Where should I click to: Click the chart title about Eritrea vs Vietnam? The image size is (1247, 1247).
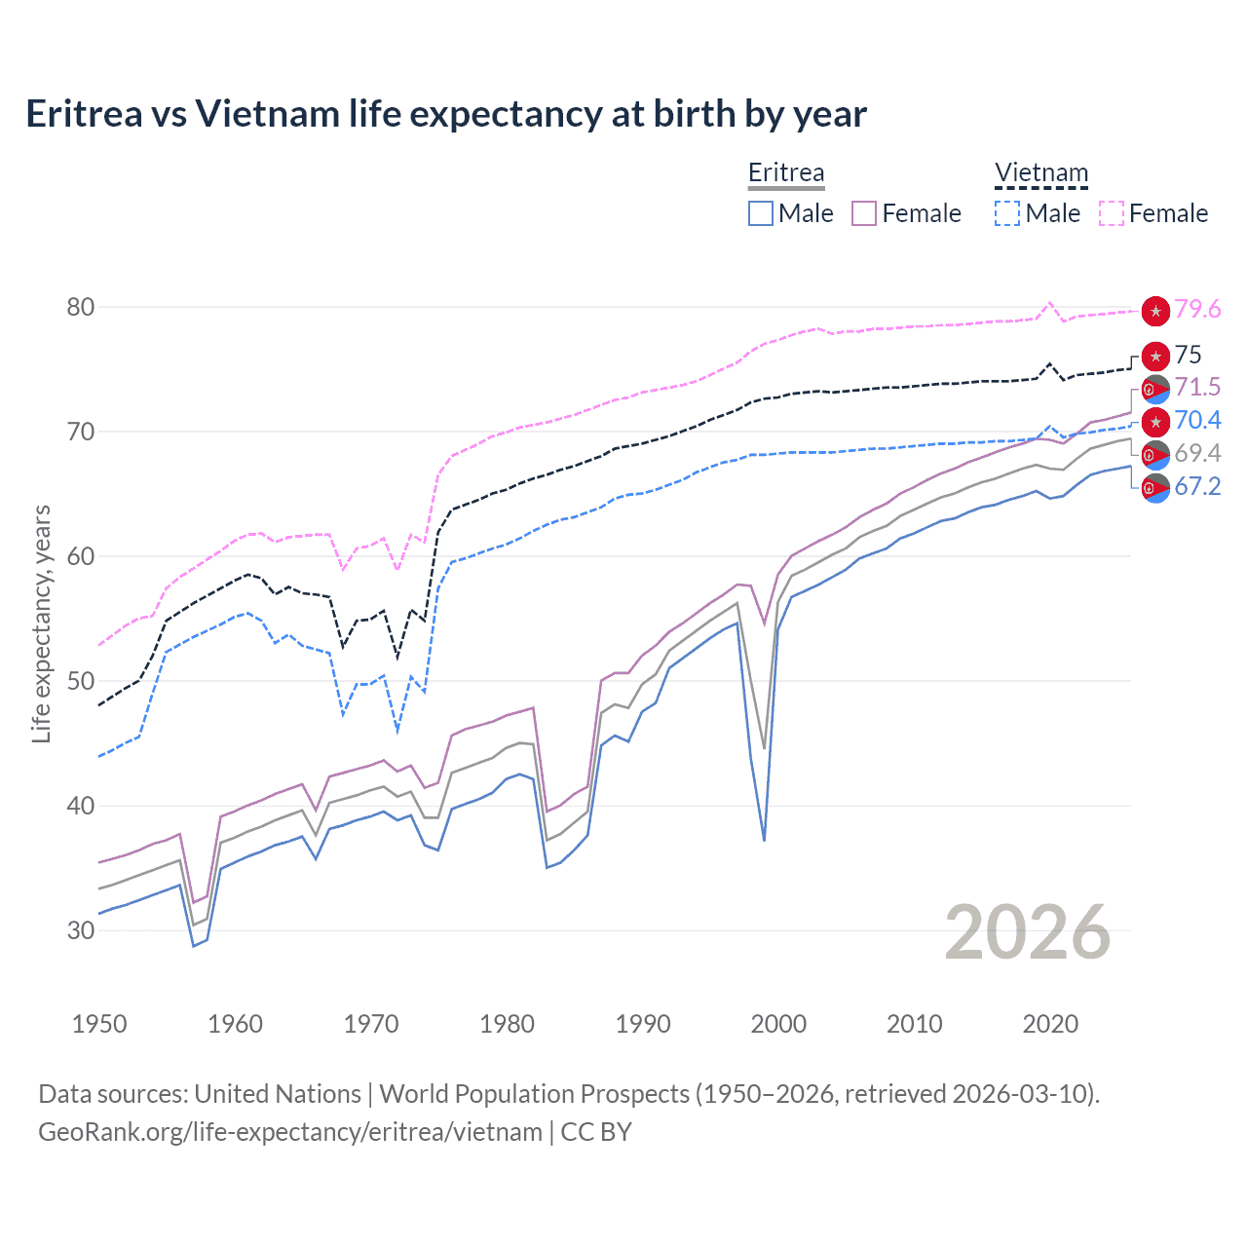[446, 114]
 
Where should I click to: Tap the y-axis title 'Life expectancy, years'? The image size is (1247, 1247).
[41, 623]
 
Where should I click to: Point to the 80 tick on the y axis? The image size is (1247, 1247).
[81, 307]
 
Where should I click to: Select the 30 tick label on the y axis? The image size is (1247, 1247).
[81, 930]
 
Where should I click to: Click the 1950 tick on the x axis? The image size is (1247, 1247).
[99, 1024]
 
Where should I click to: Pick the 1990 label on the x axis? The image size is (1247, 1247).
[643, 1024]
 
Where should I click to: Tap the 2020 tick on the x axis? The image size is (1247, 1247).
[1050, 1024]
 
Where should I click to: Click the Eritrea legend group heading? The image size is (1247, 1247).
[786, 172]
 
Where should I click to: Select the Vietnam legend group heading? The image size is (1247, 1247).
[1040, 172]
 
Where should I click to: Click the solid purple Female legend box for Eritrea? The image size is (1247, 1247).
[864, 213]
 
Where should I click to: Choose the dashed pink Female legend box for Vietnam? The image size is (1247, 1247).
[1112, 213]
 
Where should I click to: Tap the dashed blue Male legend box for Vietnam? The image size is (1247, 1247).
[1007, 213]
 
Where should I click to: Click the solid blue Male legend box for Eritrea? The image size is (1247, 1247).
[761, 213]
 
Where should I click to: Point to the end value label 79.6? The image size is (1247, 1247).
[1197, 309]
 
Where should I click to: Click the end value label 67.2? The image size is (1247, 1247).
[1197, 486]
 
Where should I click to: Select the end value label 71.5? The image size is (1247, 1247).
[1197, 387]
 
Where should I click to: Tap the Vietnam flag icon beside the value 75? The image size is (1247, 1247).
[1155, 356]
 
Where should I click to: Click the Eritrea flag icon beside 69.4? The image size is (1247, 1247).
[1155, 454]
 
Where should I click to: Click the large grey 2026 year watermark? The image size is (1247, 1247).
[1027, 932]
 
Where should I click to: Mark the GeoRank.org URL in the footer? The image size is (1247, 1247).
[290, 1132]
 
